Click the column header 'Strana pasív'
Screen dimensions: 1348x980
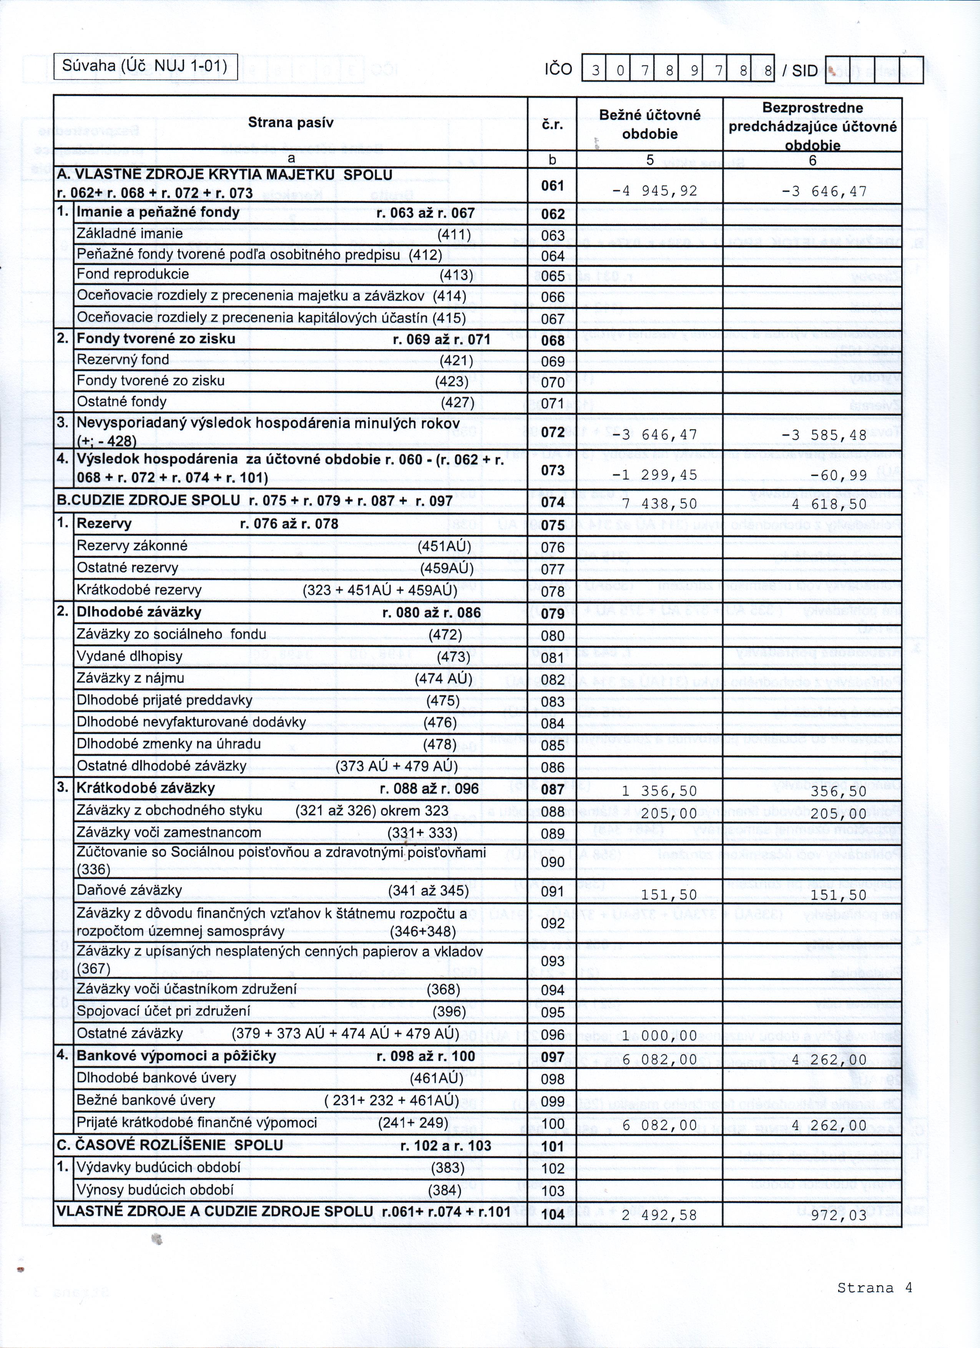[291, 123]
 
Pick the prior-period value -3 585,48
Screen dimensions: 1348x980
[824, 435]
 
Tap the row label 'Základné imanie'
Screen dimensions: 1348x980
[130, 234]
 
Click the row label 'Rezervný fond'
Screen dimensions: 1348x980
[123, 360]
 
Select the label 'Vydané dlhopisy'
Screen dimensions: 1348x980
[130, 656]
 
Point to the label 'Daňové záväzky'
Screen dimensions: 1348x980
[130, 890]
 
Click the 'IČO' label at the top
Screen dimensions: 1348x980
[558, 70]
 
